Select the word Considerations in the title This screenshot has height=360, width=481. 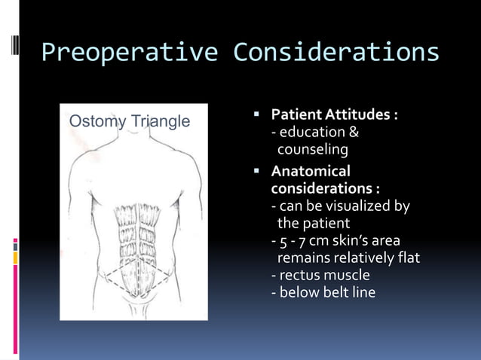tap(336, 53)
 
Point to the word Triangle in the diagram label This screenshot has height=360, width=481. tap(160, 121)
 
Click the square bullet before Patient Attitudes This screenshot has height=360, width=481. tap(256, 115)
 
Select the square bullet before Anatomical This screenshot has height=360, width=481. tap(256, 171)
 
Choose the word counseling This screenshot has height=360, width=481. tap(312, 151)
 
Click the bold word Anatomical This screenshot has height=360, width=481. tap(311, 171)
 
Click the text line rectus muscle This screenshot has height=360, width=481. tap(320, 275)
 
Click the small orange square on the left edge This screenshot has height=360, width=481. tap(15, 258)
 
